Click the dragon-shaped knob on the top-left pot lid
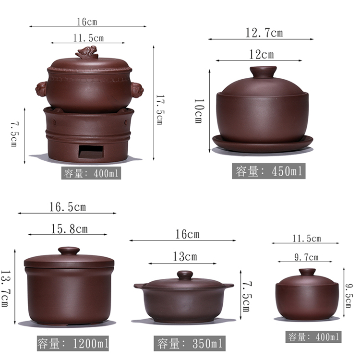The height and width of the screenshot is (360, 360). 87,52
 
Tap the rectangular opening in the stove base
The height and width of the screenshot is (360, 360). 91,152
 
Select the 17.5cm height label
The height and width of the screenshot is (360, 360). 159,110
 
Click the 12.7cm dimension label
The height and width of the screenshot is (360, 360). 264,33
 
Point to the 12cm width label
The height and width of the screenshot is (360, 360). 262,55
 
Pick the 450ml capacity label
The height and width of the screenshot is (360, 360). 269,171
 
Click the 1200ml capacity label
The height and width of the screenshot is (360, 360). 73,343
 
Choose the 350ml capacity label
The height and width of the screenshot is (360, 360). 190,344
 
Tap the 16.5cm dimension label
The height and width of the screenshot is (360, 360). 68,207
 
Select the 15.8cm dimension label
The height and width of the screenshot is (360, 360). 69,229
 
